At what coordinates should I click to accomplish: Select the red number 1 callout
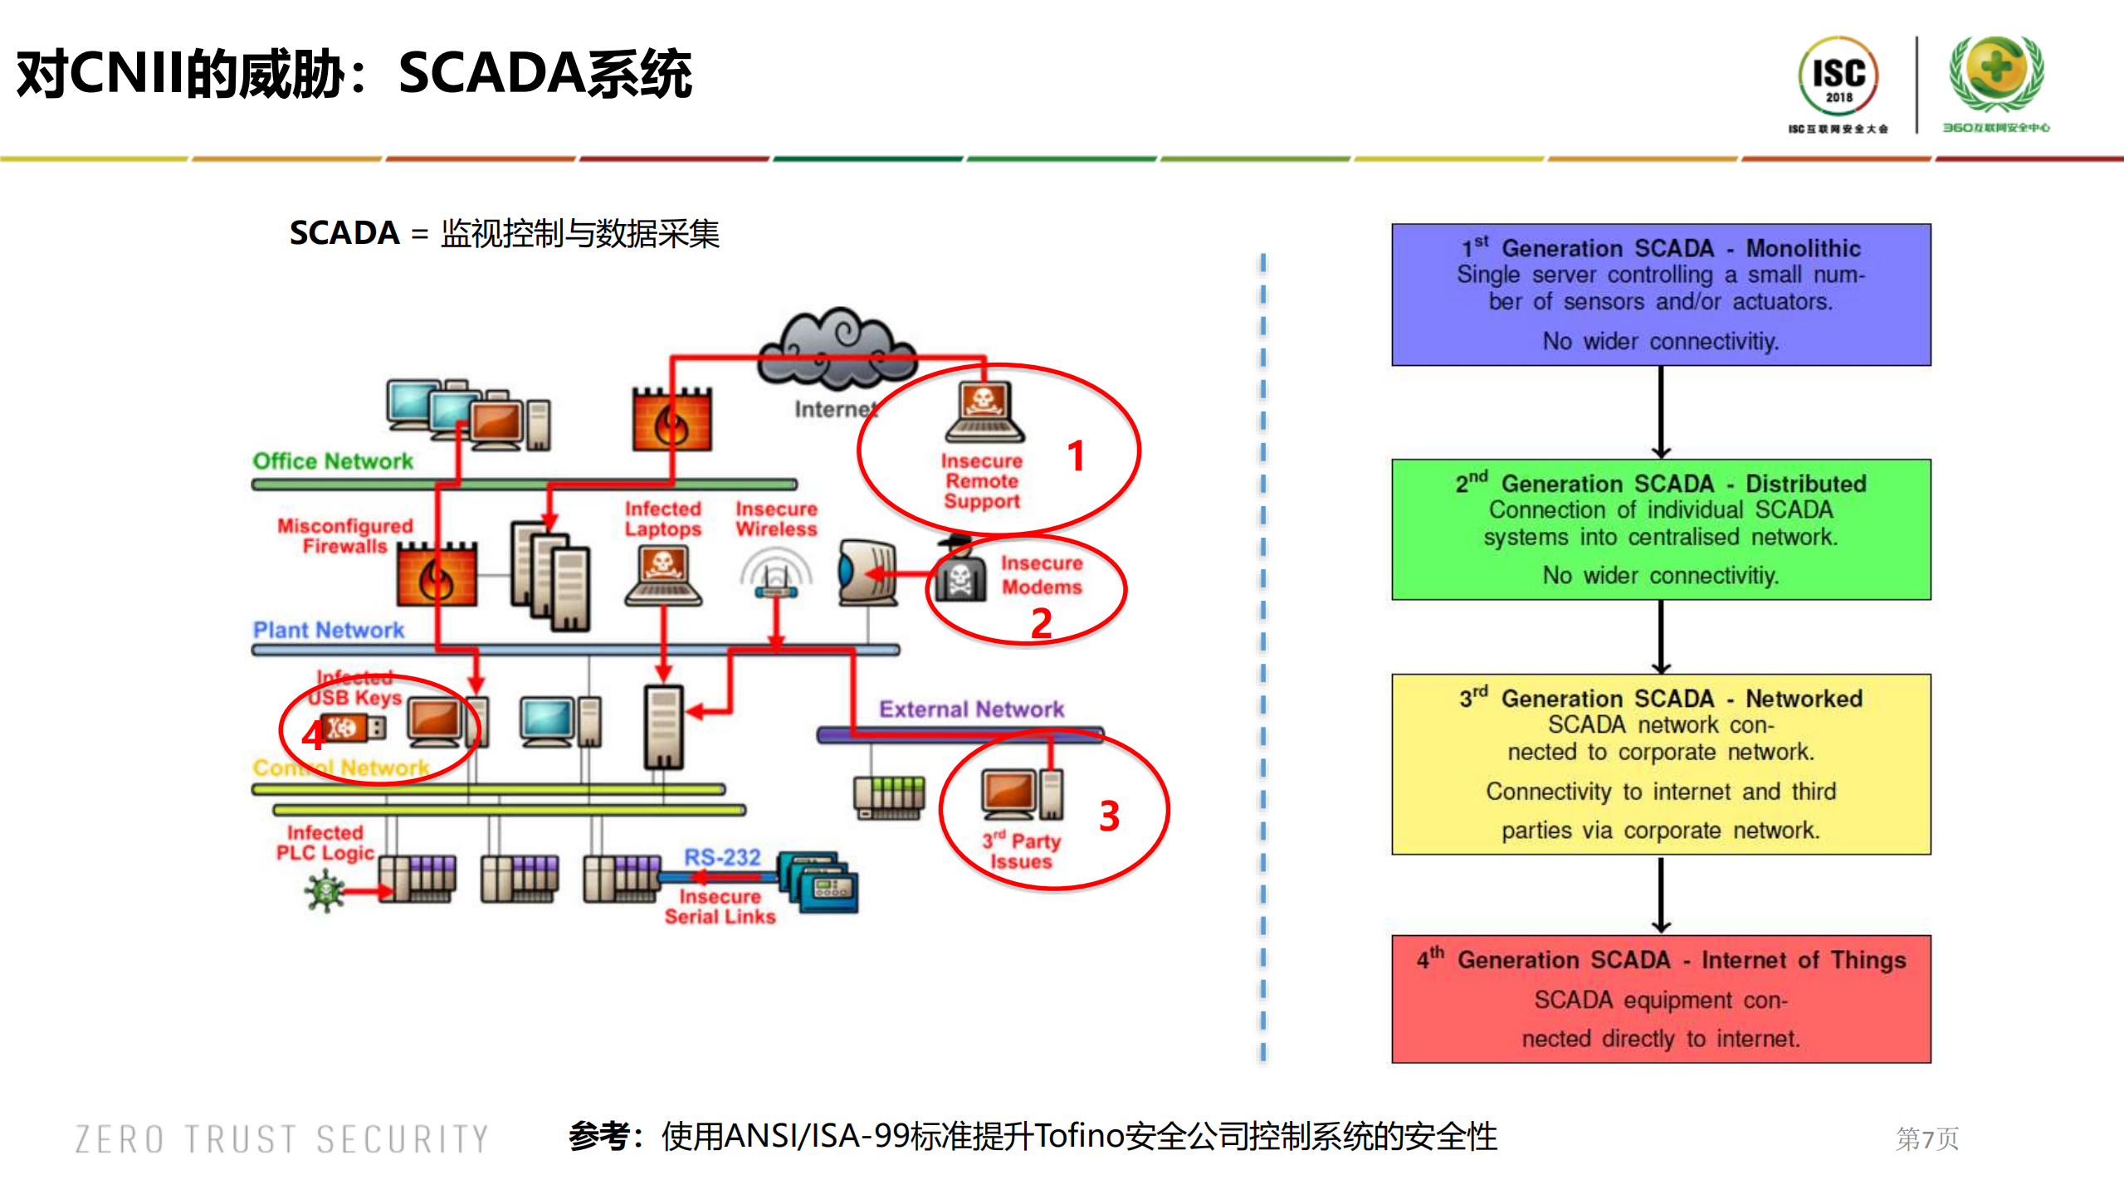pyautogui.click(x=1076, y=456)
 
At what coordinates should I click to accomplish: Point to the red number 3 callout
pyautogui.click(x=1109, y=816)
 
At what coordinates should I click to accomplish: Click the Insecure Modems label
pyautogui.click(x=1041, y=575)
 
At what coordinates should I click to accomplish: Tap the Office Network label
pyautogui.click(x=332, y=461)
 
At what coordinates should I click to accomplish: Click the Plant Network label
pyautogui.click(x=328, y=631)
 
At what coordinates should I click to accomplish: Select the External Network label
pyautogui.click(x=971, y=709)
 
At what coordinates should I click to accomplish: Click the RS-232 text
pyautogui.click(x=721, y=857)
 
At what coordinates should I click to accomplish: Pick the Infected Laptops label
pyautogui.click(x=662, y=519)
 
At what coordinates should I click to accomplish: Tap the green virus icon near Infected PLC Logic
pyautogui.click(x=325, y=892)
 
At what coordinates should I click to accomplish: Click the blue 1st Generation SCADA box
pyautogui.click(x=1660, y=295)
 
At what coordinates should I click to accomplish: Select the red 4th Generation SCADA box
pyautogui.click(x=1660, y=998)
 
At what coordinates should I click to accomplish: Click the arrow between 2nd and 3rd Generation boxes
pyautogui.click(x=1660, y=636)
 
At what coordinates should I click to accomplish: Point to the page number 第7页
pyautogui.click(x=1926, y=1138)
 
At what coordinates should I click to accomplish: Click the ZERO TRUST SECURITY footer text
pyautogui.click(x=281, y=1139)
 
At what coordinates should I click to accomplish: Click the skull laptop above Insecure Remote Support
pyautogui.click(x=984, y=412)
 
